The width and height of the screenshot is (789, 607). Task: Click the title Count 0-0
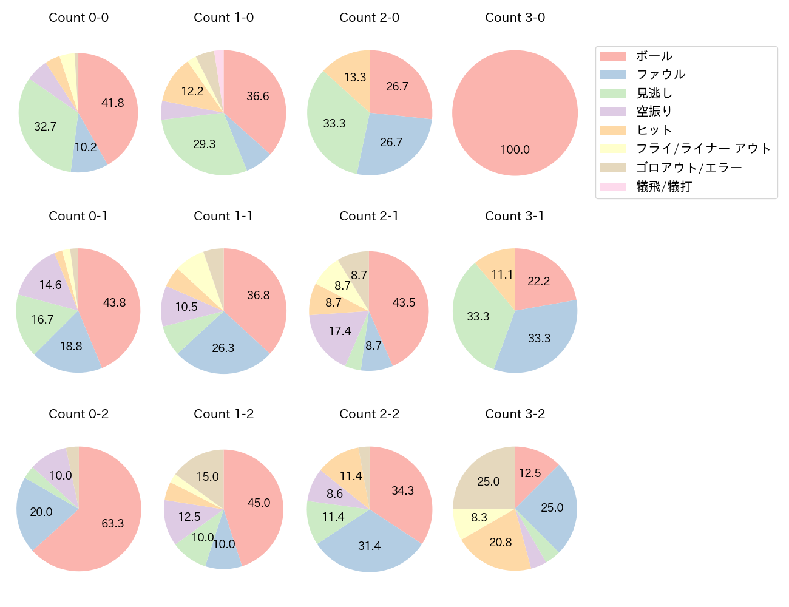(78, 18)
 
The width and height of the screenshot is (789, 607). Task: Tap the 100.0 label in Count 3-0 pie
(515, 149)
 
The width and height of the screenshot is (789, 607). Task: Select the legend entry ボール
(654, 56)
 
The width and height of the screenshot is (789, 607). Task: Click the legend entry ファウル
(660, 74)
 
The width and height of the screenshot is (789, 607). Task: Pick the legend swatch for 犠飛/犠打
(612, 186)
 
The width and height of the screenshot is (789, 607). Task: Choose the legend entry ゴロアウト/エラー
(689, 168)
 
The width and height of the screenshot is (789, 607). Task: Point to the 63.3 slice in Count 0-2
(113, 523)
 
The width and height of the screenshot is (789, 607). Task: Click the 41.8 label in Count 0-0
(112, 103)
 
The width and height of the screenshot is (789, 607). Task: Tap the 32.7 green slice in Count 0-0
(46, 126)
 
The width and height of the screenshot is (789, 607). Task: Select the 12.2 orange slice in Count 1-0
(191, 91)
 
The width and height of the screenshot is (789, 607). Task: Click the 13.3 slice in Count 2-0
(354, 77)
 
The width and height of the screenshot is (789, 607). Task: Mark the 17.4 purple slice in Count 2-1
(339, 331)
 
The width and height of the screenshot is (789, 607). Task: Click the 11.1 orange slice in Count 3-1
(501, 274)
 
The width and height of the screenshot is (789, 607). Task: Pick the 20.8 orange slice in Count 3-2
(500, 543)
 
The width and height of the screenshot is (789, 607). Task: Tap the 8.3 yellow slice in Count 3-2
(479, 518)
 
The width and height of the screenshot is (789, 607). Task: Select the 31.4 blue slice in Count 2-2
(369, 546)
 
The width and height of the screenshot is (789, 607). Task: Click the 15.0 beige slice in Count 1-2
(206, 476)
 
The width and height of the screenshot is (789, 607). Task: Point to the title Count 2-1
(369, 216)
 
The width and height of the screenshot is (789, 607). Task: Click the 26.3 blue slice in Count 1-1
(223, 348)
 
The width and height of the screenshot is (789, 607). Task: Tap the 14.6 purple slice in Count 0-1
(50, 285)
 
